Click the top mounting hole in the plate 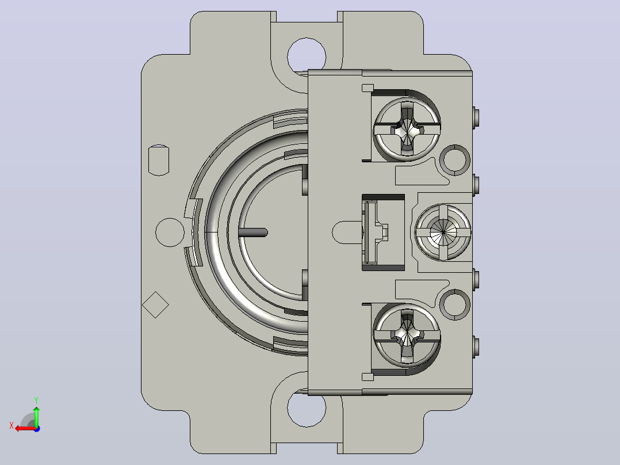pos(307,55)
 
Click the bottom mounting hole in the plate pos(307,408)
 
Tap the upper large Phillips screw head pos(407,129)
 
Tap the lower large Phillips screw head pos(407,335)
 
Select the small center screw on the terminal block pos(443,232)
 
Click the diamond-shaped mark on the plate pos(155,304)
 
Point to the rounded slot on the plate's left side pos(159,161)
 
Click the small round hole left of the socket pos(170,232)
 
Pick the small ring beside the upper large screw pos(455,160)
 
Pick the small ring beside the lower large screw pos(455,304)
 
